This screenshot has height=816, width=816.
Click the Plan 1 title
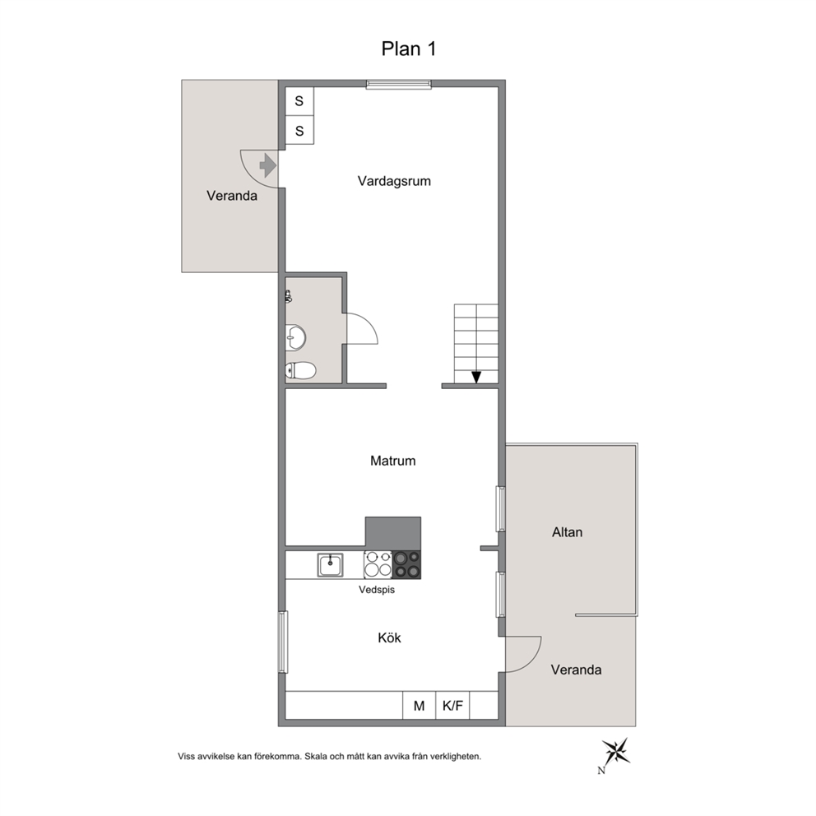tap(409, 49)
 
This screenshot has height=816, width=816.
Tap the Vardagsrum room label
tap(394, 181)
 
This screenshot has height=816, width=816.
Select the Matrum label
tap(393, 461)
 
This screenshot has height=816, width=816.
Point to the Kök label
tap(389, 637)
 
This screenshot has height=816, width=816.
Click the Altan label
tap(568, 532)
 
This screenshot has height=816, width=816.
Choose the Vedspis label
tap(377, 590)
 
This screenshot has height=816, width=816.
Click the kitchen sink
tap(331, 564)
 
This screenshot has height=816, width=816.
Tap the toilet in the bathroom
tap(300, 370)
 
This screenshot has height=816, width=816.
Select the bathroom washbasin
tap(295, 338)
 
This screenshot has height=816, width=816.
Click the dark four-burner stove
tap(406, 564)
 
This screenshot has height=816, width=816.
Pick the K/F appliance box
tap(452, 706)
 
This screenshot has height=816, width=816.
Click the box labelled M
tap(419, 706)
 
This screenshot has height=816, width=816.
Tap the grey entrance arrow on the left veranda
tap(267, 165)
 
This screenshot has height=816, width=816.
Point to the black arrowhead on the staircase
tap(476, 378)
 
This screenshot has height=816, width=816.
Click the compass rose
tap(616, 752)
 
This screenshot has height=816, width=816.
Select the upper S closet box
tap(299, 101)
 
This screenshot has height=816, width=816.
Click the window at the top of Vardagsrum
tap(399, 84)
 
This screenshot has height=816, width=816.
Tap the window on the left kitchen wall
tap(283, 642)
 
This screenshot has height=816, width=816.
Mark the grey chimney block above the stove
tap(393, 533)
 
